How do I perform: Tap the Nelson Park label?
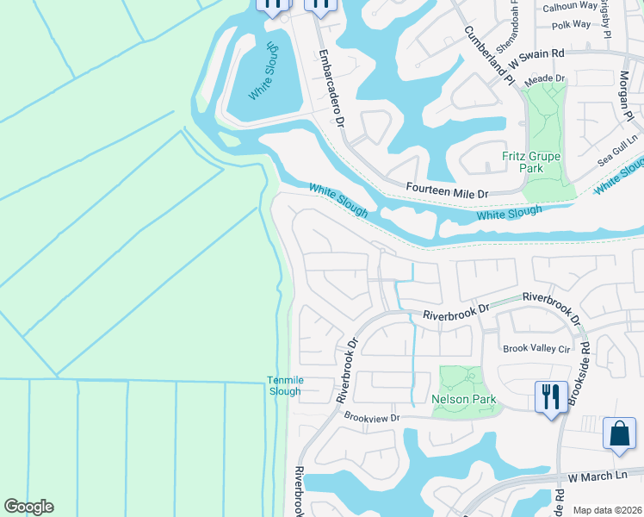(464, 400)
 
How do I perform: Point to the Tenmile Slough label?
(283, 386)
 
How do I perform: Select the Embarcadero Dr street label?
(331, 87)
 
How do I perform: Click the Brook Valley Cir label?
(536, 349)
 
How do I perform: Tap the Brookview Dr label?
(373, 417)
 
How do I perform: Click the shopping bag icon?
(619, 433)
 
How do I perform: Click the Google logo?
(28, 507)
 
